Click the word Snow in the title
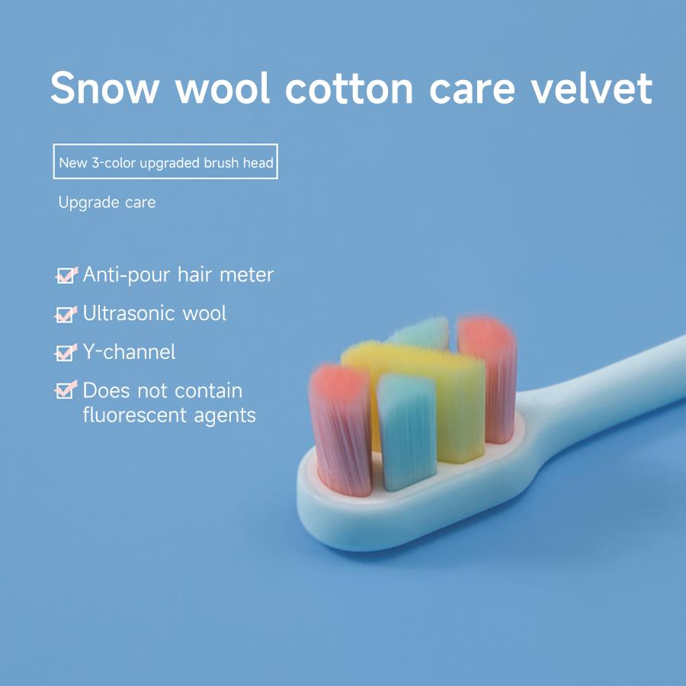point(105,88)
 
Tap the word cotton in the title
point(349,88)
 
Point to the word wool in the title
point(223,88)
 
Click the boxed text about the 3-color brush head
point(165,162)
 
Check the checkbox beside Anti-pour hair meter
point(66,275)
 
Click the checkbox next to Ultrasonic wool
point(66,313)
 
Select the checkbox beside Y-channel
point(66,352)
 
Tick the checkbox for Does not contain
point(66,391)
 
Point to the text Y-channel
point(129,352)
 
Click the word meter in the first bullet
point(246,274)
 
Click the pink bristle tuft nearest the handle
point(488,373)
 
